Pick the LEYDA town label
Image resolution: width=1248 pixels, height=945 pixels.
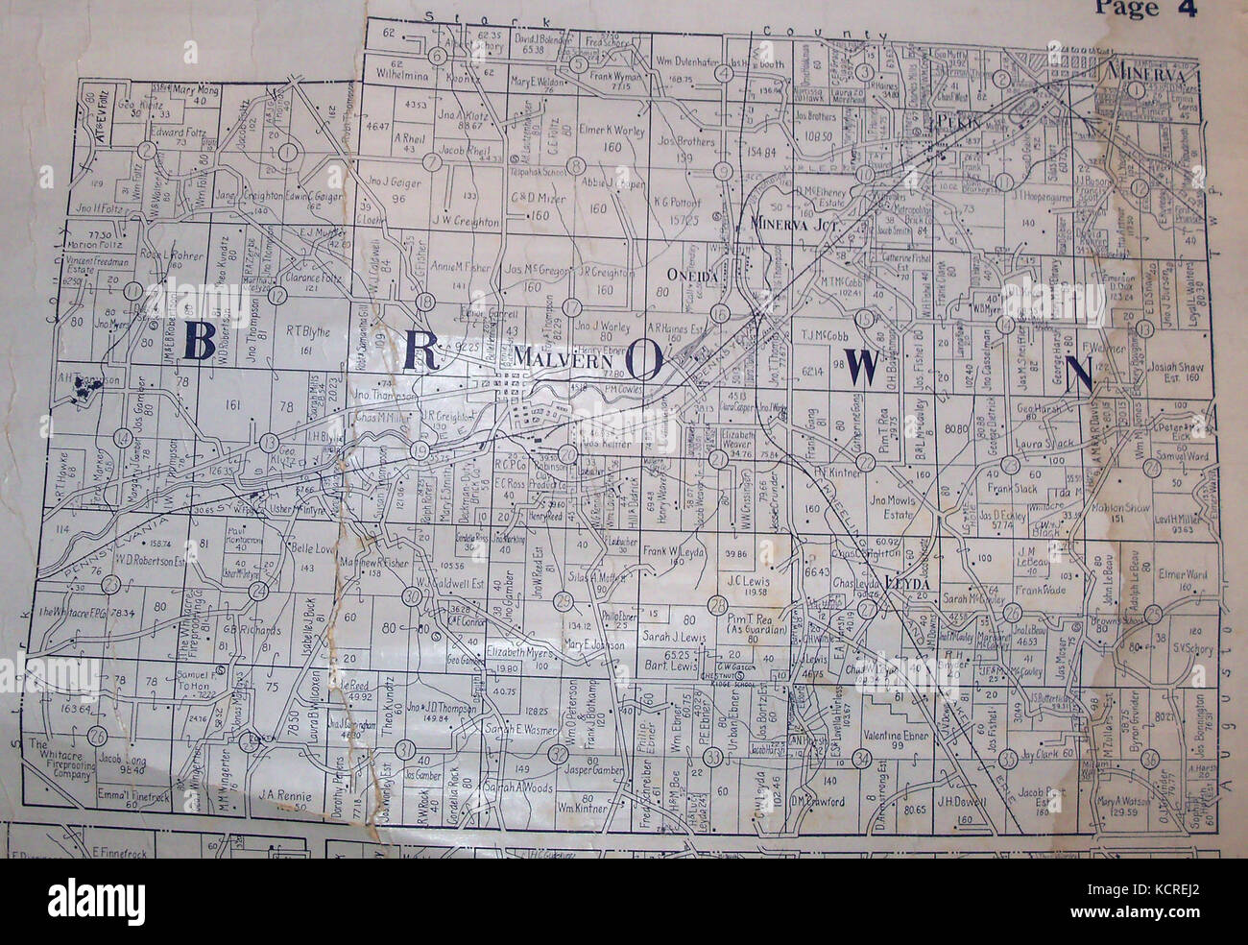(x=905, y=582)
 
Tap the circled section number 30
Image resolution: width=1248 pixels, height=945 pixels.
(x=412, y=598)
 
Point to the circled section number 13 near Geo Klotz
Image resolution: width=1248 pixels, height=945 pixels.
(x=269, y=442)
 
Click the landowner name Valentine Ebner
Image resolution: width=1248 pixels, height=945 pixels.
(x=896, y=736)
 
